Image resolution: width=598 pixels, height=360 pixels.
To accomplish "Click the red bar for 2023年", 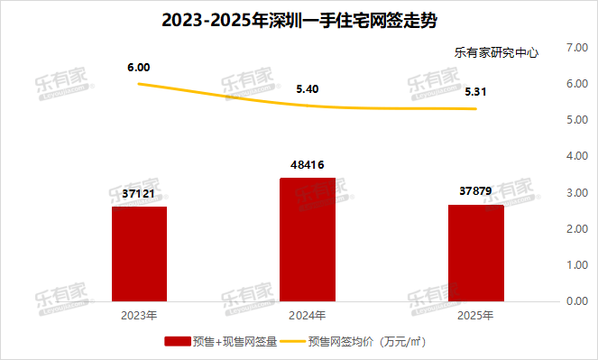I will click(139, 254).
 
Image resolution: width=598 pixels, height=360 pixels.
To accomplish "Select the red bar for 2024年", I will click(308, 239).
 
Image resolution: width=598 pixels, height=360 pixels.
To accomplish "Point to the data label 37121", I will click(139, 193).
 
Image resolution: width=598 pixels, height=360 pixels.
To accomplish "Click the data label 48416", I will click(308, 164).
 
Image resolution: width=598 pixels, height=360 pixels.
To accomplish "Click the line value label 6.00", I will click(139, 68).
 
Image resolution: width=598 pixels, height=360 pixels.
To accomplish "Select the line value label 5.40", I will click(308, 89).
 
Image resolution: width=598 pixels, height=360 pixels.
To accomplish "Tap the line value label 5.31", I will click(476, 91).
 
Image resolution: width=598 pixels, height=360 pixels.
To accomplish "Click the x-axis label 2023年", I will click(139, 316).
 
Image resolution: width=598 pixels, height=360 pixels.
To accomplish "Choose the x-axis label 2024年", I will click(308, 316).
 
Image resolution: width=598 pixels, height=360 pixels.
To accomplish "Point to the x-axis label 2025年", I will click(475, 316).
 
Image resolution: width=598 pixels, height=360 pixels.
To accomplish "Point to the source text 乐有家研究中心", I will click(496, 52).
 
